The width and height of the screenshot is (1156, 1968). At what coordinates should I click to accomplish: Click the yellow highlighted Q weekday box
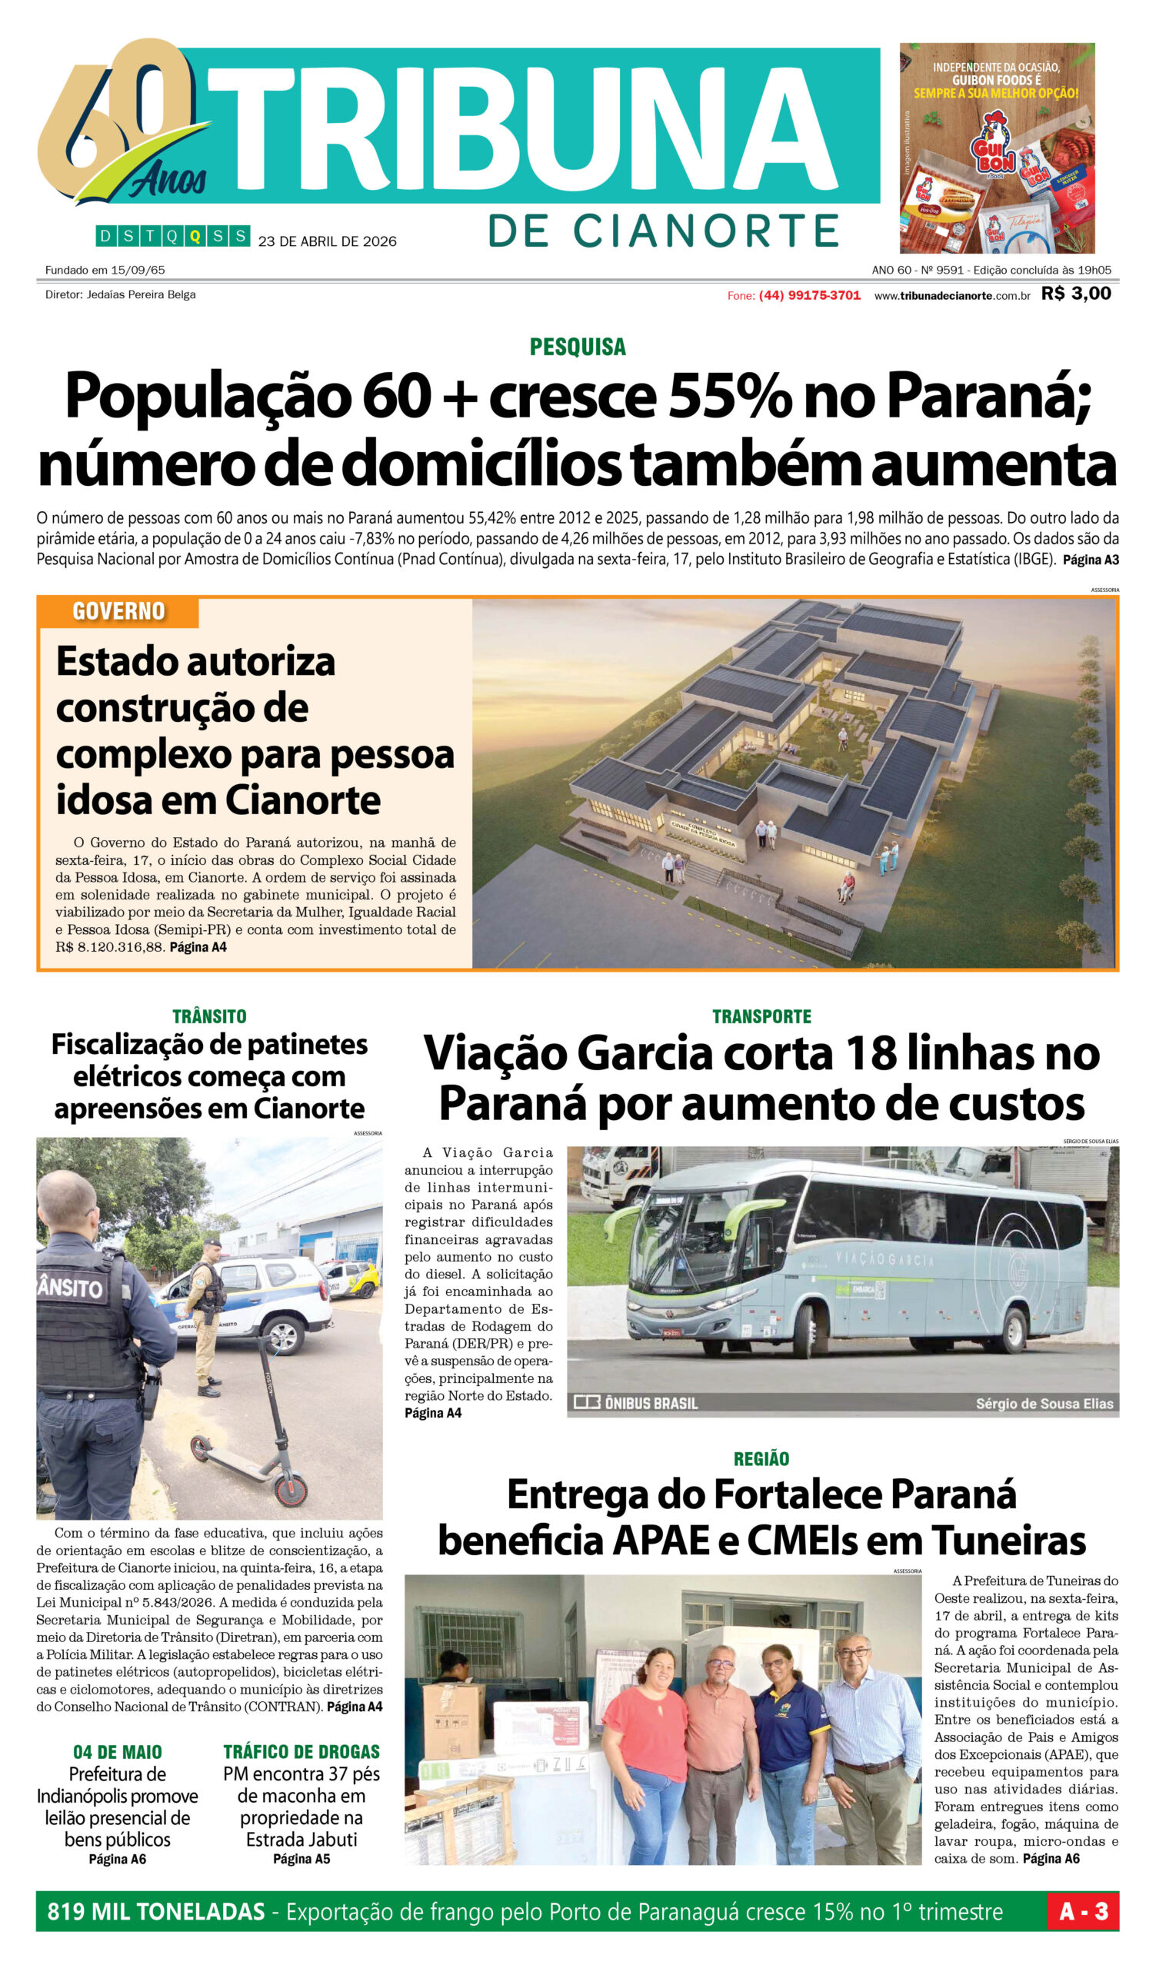[195, 236]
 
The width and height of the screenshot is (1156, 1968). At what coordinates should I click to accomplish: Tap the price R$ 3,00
[1075, 294]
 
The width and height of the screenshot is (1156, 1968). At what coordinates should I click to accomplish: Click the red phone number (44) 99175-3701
[809, 295]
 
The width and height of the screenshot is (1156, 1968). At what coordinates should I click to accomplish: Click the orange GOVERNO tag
[118, 611]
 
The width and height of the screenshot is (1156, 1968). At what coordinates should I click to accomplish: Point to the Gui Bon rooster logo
[992, 148]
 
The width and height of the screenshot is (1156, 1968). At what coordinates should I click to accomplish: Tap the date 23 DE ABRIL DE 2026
[328, 241]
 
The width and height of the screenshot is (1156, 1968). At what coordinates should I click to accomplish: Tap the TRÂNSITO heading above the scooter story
[209, 1016]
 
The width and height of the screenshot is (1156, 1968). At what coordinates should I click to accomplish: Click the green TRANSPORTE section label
[761, 1016]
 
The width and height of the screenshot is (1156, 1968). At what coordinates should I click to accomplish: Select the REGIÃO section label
[761, 1458]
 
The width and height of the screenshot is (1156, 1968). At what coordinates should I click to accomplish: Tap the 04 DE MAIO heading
[117, 1752]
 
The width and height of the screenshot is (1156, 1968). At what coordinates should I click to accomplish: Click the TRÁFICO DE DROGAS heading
[301, 1752]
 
